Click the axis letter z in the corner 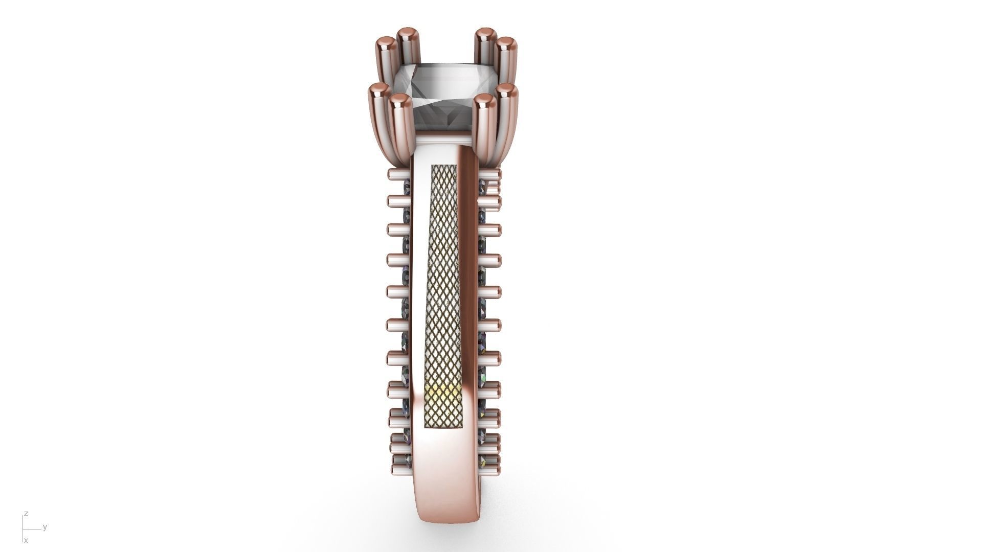click(x=26, y=514)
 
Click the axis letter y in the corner click(x=45, y=527)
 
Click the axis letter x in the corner click(x=26, y=540)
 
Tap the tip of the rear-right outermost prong click(x=506, y=43)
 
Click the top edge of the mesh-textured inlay click(x=444, y=166)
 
